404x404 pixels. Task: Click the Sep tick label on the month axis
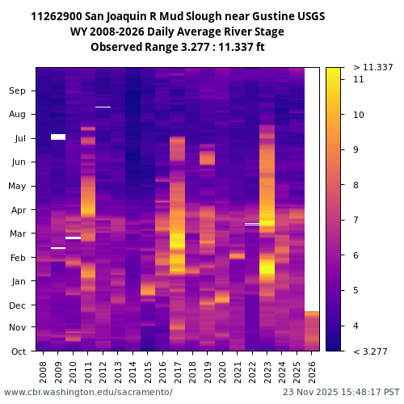[17, 91]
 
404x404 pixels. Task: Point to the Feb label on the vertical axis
[18, 258]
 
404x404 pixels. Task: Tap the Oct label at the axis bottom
[18, 351]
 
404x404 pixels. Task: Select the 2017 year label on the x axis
[177, 371]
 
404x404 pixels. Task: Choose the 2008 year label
[44, 371]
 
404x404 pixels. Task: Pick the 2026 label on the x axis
[312, 371]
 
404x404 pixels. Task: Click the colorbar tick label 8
[358, 185]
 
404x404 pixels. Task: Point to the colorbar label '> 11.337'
[373, 67]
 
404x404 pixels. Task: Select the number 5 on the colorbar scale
[358, 290]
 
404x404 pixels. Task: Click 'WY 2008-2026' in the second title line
[110, 32]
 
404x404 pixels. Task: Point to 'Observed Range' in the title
[128, 48]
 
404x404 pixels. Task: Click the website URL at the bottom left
[88, 392]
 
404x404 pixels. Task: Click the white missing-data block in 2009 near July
[58, 137]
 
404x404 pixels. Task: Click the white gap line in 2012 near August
[103, 107]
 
